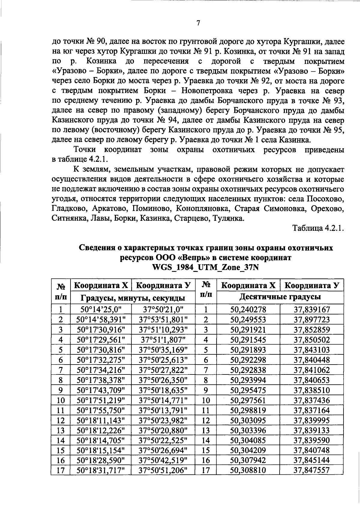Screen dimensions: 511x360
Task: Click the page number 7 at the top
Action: pyautogui.click(x=198, y=23)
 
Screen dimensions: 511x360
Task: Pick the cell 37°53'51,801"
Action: pyautogui.click(x=163, y=320)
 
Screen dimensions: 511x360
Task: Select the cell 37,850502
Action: pyautogui.click(x=312, y=340)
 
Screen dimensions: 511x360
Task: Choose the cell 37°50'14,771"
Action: pyautogui.click(x=163, y=400)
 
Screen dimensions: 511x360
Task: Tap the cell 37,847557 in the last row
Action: pyautogui.click(x=312, y=470)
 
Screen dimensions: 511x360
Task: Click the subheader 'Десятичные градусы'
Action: pyautogui.click(x=280, y=297)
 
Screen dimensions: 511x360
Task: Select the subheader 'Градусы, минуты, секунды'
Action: pyautogui.click(x=133, y=298)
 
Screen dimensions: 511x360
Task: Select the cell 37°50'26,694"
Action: pyautogui.click(x=163, y=450)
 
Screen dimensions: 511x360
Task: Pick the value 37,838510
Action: pyautogui.click(x=312, y=390)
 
